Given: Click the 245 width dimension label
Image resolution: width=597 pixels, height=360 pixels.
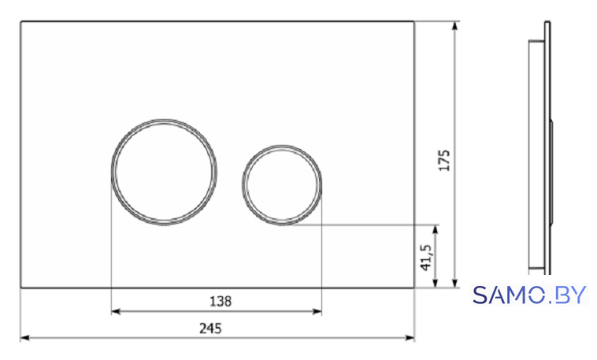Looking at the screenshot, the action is point(210,328).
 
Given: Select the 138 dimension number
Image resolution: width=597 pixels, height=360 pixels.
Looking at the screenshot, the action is point(221,302).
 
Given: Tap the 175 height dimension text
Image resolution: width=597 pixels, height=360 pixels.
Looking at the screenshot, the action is point(444,161).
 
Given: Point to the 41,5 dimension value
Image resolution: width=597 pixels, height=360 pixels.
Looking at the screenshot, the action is point(426,258).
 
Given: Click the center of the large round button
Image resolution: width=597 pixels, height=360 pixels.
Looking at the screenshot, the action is point(164,173).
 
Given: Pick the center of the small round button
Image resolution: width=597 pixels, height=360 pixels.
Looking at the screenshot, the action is point(282,185).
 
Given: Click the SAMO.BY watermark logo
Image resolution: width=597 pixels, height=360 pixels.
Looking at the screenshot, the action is point(529,295).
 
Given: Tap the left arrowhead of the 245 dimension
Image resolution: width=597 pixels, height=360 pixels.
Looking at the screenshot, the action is point(24,338).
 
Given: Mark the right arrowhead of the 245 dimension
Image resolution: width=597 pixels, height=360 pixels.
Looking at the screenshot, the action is point(410,338).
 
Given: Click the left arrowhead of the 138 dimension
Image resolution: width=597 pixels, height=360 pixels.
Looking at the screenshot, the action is point(116,312).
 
